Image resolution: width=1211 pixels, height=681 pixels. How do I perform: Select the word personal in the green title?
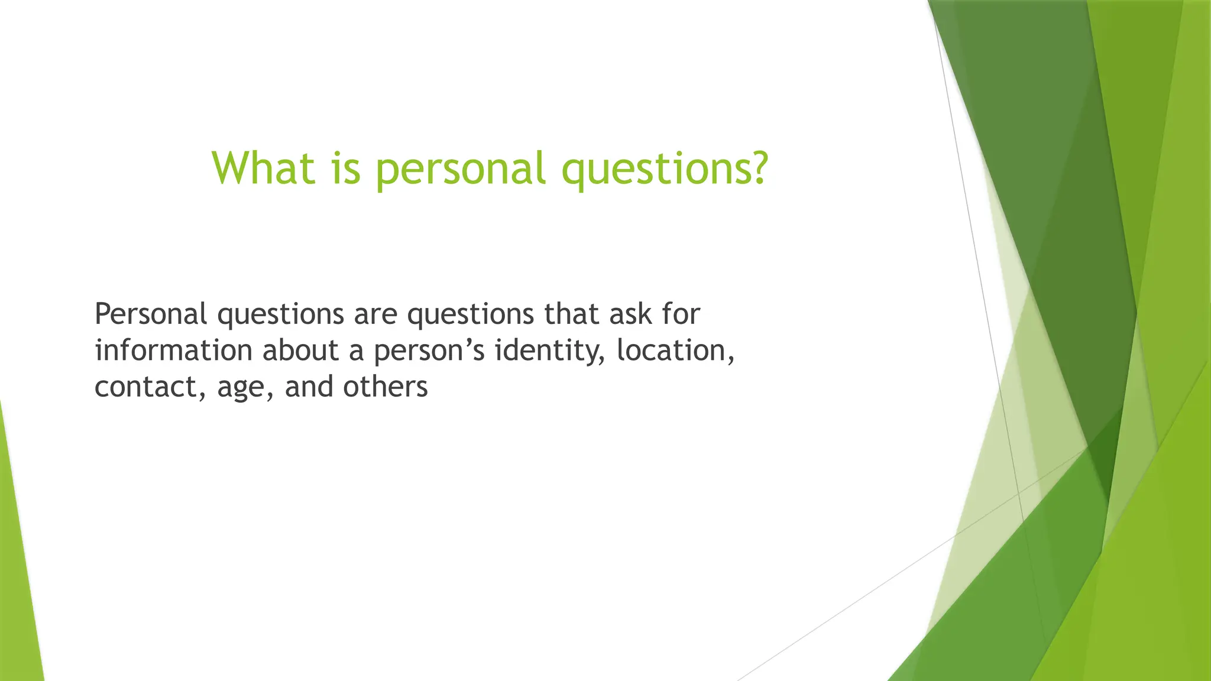point(460,169)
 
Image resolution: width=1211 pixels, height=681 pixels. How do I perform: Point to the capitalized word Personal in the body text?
point(151,314)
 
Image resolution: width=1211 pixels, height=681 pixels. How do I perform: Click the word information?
point(174,350)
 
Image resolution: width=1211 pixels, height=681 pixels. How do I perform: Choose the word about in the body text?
point(300,350)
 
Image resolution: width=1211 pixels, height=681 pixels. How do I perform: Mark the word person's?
point(429,351)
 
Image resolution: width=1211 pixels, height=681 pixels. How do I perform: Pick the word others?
point(386,387)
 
